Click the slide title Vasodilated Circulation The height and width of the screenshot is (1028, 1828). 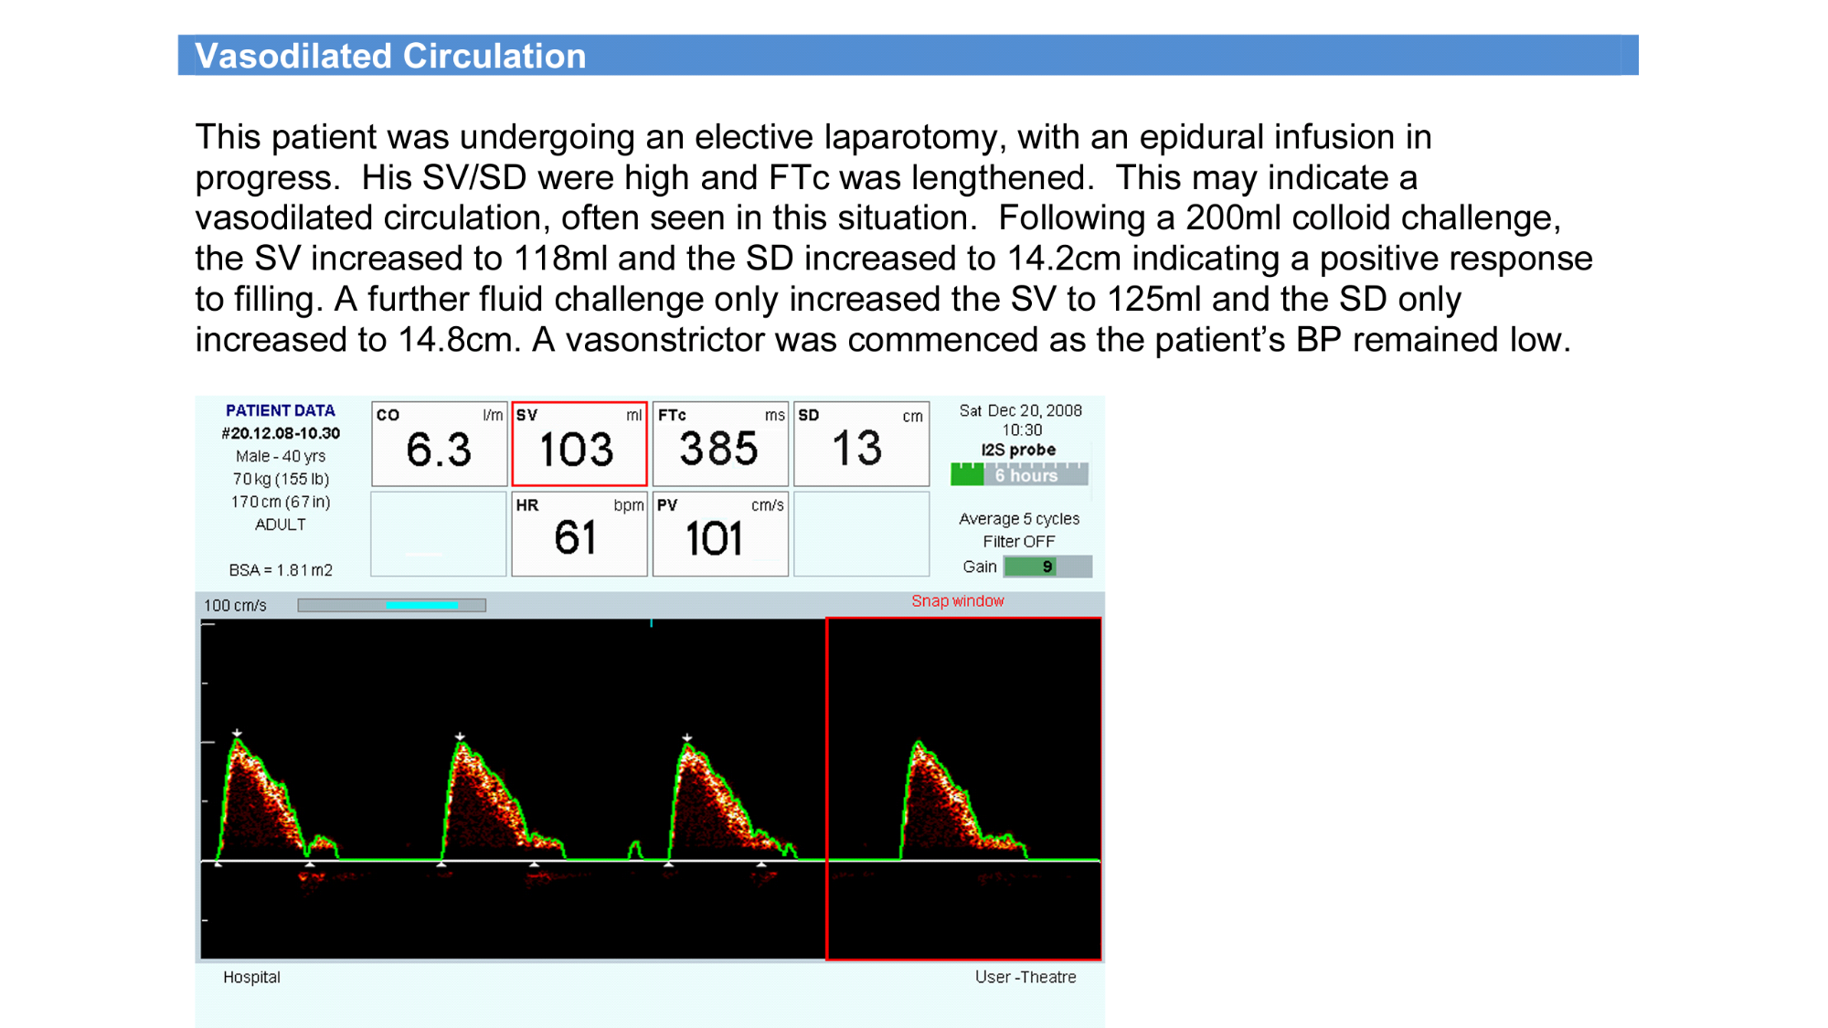(x=390, y=56)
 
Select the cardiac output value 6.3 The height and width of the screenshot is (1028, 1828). (x=439, y=450)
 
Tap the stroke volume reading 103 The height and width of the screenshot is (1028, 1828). (x=576, y=450)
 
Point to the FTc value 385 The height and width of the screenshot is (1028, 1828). (x=718, y=449)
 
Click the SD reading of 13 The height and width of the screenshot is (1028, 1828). (x=857, y=448)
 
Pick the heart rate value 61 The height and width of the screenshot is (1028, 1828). (x=576, y=537)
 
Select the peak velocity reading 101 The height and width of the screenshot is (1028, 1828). (x=714, y=538)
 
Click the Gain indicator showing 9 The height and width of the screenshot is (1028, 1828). (x=1047, y=567)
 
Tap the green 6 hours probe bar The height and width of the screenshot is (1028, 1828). (x=1019, y=475)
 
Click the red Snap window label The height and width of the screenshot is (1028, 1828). (x=957, y=601)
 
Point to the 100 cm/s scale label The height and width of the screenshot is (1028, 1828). (x=235, y=606)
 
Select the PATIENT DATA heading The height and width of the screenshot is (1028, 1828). (x=280, y=411)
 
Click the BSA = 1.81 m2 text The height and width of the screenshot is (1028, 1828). (x=281, y=570)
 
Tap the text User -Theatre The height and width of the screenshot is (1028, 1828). (x=1026, y=977)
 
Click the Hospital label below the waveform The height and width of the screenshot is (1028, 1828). (x=251, y=977)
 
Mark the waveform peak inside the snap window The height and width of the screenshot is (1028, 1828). (x=919, y=742)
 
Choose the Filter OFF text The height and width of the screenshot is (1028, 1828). (x=1019, y=542)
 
